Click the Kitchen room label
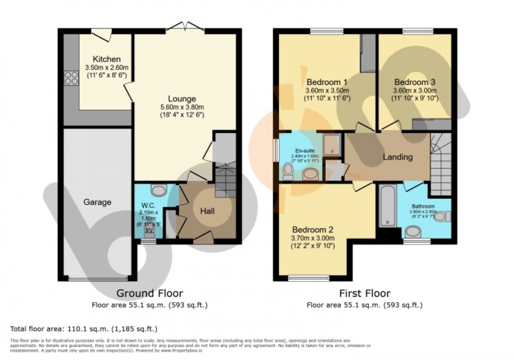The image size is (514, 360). pos(107,59)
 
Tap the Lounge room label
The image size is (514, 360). pos(182,98)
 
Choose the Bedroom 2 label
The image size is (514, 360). pos(313,229)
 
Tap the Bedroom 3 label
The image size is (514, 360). pos(414,82)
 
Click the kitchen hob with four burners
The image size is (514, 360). pos(71,78)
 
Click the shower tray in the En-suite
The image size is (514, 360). pos(331,144)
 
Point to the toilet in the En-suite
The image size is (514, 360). pos(288,172)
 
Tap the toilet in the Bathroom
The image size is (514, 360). pos(442,216)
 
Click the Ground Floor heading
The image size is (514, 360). pos(149,293)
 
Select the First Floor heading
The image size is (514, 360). pos(365,293)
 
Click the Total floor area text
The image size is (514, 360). pos(84,329)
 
